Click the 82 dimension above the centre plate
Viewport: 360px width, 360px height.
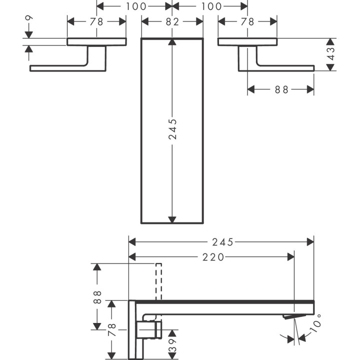(172, 22)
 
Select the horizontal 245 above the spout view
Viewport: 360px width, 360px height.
(222, 242)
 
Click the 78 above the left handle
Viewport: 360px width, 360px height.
(96, 22)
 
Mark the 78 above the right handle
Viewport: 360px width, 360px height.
(247, 22)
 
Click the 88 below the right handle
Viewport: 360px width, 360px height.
(281, 89)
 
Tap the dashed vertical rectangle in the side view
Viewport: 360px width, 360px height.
(159, 280)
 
